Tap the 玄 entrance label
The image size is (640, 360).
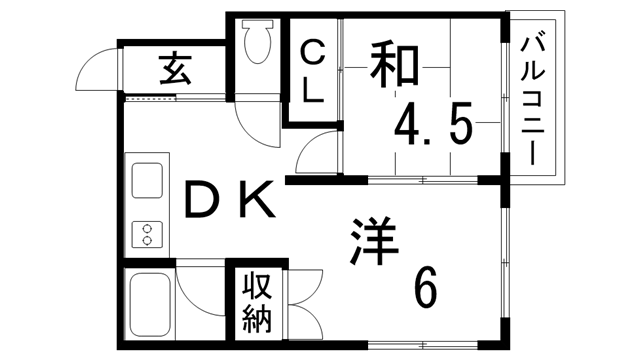[x=175, y=70]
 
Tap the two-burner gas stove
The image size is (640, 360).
[x=147, y=235]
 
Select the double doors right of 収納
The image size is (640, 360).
[x=305, y=300]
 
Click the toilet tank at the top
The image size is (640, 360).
[x=257, y=29]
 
